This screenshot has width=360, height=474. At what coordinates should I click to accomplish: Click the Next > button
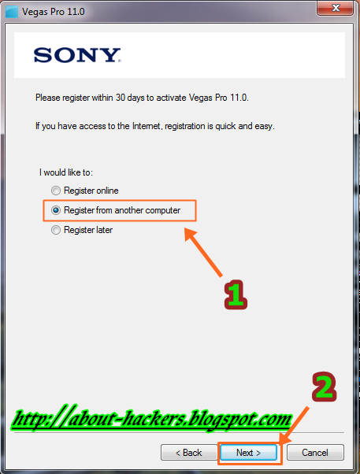tap(248, 453)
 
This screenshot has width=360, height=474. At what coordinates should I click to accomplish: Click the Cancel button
tap(315, 453)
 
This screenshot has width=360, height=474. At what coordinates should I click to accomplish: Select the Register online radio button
tap(56, 191)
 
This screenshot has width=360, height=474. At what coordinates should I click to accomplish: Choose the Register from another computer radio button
tap(56, 210)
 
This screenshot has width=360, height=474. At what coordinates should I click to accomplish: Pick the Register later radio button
tap(56, 230)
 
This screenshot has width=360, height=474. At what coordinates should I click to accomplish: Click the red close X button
tap(336, 8)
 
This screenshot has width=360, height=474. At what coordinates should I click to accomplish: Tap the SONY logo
tap(77, 55)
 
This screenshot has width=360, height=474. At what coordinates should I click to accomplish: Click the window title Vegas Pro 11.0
tap(54, 12)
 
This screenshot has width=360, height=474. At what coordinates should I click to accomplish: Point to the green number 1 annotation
tap(236, 294)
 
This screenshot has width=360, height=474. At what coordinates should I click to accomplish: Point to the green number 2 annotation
tap(324, 387)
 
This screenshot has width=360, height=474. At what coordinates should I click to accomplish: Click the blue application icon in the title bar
tap(12, 12)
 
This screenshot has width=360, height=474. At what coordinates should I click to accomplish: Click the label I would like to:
tap(66, 172)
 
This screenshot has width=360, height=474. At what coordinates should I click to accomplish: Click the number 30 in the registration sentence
tap(121, 98)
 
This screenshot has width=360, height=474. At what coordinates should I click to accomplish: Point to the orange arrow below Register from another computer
tap(203, 253)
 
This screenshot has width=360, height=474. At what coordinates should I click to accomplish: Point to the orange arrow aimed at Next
tap(294, 426)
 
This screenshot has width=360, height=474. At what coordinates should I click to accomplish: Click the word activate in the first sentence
tap(171, 98)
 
